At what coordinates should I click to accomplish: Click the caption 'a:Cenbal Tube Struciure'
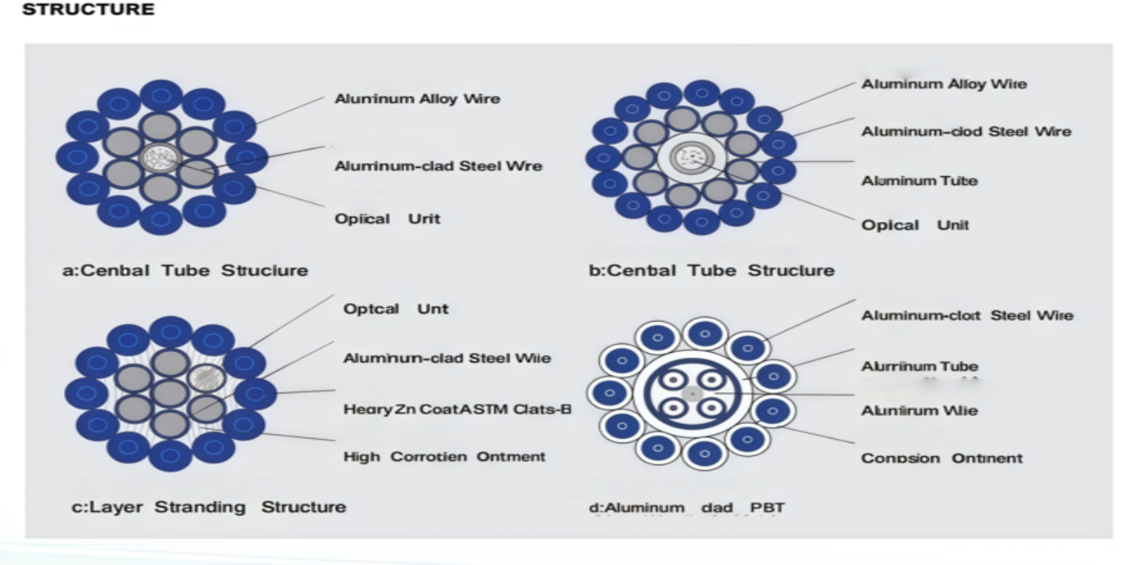[185, 270]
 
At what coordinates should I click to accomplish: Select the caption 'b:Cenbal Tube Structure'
[711, 270]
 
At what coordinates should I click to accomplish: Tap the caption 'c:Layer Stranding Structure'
[208, 507]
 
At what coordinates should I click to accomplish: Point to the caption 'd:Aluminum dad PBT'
[687, 508]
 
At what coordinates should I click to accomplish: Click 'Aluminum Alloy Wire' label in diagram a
[417, 99]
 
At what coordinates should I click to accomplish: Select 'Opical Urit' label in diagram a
[387, 219]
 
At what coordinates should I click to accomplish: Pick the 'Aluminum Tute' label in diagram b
[919, 181]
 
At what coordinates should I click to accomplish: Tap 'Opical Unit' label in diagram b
[915, 225]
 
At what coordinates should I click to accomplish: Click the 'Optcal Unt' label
[395, 310]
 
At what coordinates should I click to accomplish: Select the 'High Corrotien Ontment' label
[443, 456]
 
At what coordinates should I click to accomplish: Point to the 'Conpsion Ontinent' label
[942, 458]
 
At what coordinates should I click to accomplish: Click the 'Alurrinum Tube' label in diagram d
[919, 367]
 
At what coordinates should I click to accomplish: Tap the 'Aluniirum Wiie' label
[919, 410]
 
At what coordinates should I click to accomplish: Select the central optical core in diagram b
[691, 158]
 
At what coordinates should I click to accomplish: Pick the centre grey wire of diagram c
[170, 393]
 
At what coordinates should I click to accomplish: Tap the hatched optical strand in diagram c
[206, 377]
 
